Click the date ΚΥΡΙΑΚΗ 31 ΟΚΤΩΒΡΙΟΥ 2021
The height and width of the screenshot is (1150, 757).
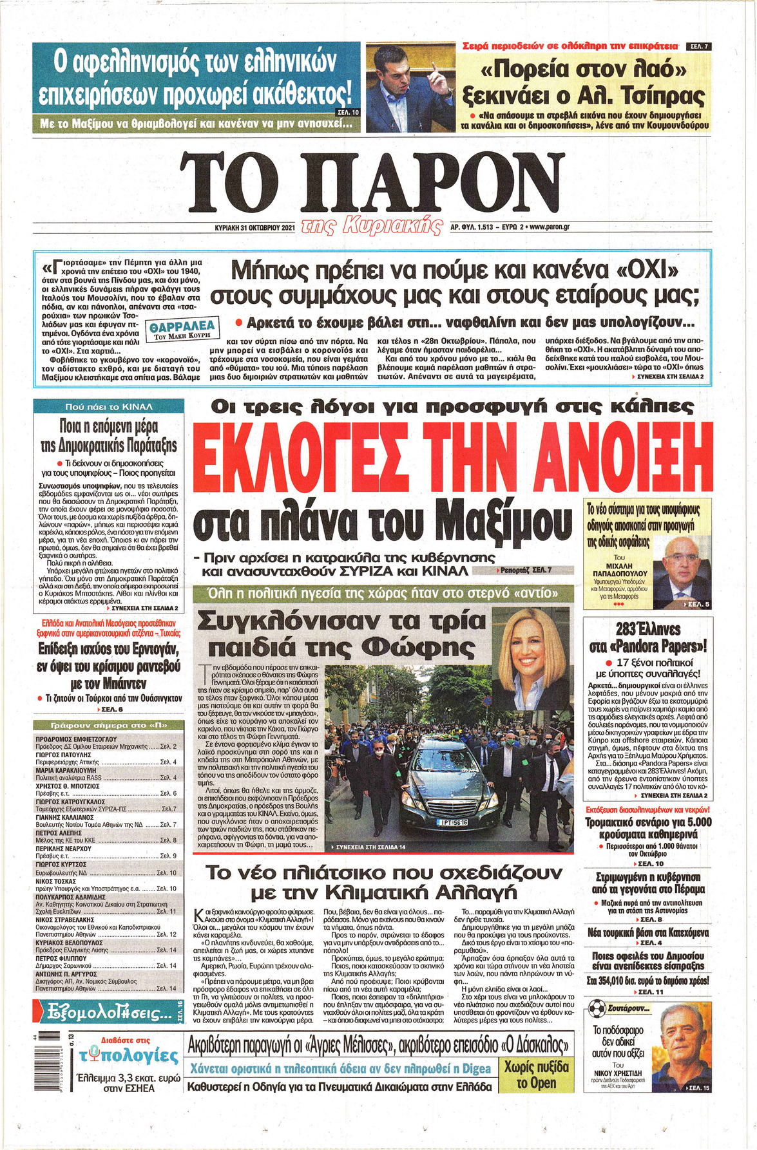254,227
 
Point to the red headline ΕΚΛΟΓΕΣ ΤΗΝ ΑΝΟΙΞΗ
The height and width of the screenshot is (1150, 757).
452,454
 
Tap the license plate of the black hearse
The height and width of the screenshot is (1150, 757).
454,822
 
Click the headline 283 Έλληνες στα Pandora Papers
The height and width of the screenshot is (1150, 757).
648,637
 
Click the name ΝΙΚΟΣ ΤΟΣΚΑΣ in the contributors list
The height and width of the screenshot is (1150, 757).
55,880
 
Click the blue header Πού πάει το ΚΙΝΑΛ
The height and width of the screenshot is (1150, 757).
109,407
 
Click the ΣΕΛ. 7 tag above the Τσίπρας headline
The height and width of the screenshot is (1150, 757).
698,46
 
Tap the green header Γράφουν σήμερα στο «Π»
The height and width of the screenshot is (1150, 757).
109,726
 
